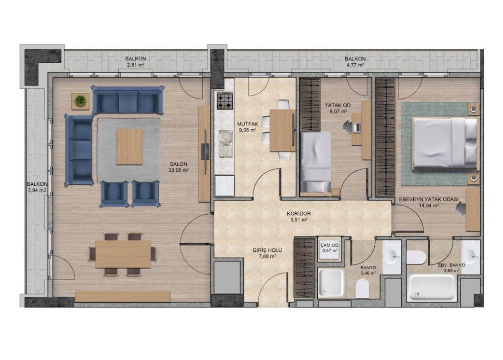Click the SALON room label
(179, 164)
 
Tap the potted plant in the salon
(80, 101)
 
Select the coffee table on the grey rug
(129, 147)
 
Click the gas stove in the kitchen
(224, 100)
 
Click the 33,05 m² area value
(179, 171)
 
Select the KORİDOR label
(299, 214)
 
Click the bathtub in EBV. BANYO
(431, 287)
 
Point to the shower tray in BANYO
(331, 283)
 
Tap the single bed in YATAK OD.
(316, 162)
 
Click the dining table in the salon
(123, 254)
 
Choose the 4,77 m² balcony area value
(355, 65)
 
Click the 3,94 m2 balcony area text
(37, 190)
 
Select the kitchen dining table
(282, 130)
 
